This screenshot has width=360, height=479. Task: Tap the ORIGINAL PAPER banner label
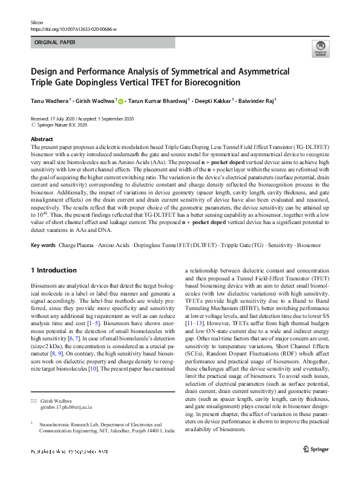point(55,42)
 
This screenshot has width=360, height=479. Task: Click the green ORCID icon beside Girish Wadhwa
point(120,102)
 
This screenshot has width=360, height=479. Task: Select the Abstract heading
point(41,139)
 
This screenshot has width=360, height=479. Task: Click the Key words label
point(43,245)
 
